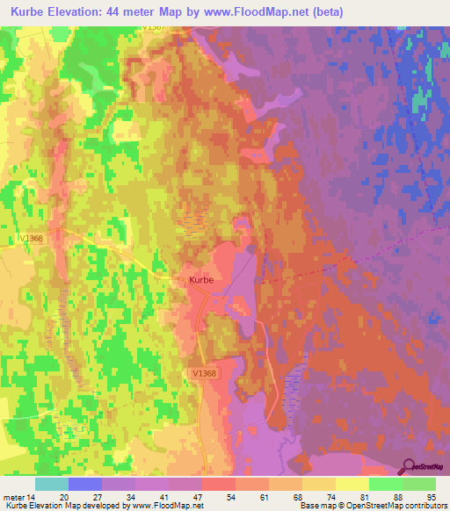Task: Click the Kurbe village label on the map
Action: pyautogui.click(x=201, y=280)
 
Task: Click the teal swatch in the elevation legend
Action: pyautogui.click(x=52, y=484)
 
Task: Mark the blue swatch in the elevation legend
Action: pyautogui.click(x=85, y=484)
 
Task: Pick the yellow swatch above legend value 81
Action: pyautogui.click(x=352, y=484)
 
